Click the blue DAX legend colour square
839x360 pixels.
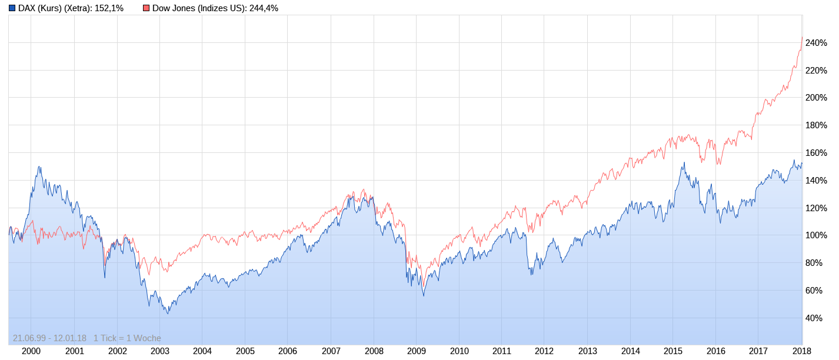click(x=12, y=8)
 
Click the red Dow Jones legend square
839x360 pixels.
click(x=147, y=8)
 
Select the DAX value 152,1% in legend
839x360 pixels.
click(x=109, y=8)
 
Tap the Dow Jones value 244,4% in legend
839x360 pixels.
click(x=264, y=8)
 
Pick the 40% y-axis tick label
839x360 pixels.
click(x=814, y=318)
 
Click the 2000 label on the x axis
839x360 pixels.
click(x=31, y=351)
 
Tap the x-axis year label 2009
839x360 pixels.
click(x=417, y=351)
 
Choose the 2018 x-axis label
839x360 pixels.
click(x=801, y=351)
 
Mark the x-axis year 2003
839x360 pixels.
click(x=159, y=351)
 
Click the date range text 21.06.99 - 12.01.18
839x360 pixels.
click(x=49, y=338)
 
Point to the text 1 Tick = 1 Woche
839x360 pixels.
click(x=127, y=338)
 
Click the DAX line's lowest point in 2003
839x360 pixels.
click(x=168, y=314)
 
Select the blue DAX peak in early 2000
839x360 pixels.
click(x=39, y=166)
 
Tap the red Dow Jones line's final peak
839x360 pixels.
click(x=802, y=38)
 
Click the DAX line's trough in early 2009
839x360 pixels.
click(x=424, y=295)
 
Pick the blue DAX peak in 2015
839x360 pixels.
click(x=684, y=162)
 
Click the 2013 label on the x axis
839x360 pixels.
click(x=587, y=351)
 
